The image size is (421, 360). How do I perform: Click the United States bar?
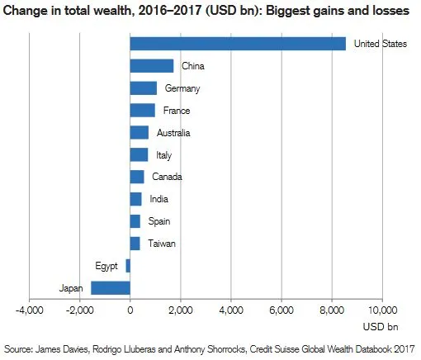click(238, 44)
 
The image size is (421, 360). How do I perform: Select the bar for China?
click(152, 66)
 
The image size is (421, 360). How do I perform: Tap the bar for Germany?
click(144, 88)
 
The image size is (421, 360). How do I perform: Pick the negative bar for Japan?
click(111, 288)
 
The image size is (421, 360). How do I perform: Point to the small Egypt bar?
click(128, 266)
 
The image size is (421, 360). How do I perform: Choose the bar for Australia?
click(140, 132)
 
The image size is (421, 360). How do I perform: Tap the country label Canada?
click(168, 177)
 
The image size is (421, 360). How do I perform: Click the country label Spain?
click(160, 221)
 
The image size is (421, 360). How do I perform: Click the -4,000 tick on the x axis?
click(29, 310)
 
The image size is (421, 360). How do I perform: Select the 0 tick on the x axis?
click(130, 310)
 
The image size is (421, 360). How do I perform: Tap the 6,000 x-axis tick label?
click(281, 310)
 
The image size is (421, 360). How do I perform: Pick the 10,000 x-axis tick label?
click(381, 310)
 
